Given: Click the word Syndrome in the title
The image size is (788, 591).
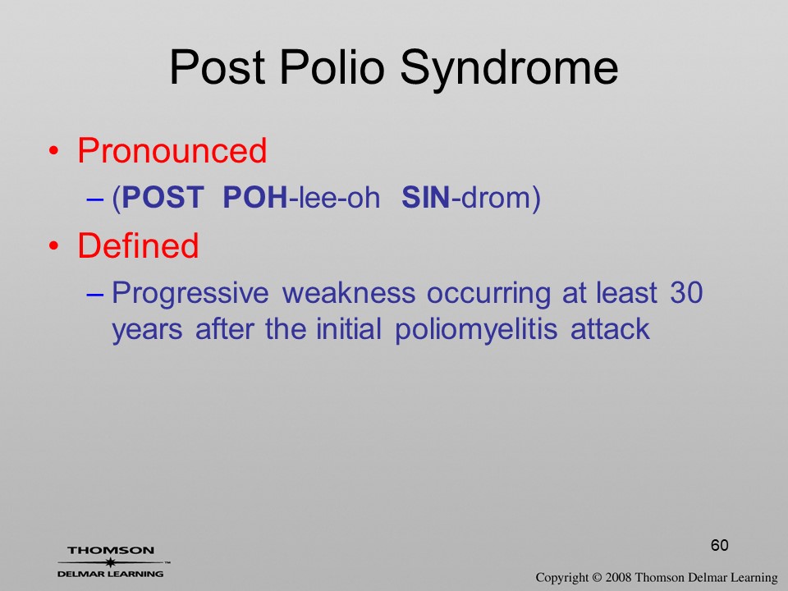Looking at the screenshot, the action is (509, 69).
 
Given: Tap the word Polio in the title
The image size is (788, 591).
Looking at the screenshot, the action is (332, 66).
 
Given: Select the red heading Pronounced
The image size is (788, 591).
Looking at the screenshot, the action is (172, 150).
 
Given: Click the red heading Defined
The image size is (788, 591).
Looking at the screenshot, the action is (138, 245).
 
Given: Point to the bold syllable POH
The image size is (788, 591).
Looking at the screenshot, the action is (254, 197).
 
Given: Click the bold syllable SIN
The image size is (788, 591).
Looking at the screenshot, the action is (426, 197).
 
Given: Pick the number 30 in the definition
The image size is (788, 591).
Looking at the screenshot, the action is (686, 292).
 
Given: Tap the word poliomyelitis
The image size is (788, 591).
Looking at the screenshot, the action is (476, 331).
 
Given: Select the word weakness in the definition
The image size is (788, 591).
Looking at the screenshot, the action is (349, 292).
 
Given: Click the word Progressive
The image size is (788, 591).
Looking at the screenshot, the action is (190, 294).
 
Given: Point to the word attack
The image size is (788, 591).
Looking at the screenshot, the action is (610, 330).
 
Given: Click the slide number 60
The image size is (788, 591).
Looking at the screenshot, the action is (720, 545).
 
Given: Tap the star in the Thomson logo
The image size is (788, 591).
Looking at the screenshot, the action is (110, 562).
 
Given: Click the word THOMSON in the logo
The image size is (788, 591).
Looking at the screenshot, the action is (111, 550).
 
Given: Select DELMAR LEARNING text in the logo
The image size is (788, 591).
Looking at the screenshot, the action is (110, 574).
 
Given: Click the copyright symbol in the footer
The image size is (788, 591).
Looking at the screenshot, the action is (597, 577).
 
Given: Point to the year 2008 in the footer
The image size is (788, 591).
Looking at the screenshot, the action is (618, 577).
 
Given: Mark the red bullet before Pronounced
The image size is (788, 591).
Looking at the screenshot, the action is (54, 151).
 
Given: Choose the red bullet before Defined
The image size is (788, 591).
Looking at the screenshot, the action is (54, 245).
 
